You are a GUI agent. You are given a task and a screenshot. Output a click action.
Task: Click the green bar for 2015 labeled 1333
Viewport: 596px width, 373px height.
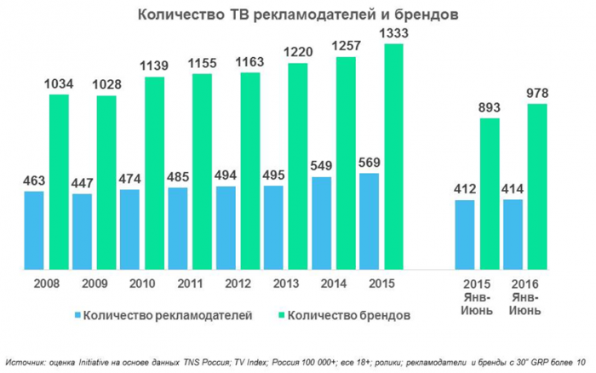tap(394, 158)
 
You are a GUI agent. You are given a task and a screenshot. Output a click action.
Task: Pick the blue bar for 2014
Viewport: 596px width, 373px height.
tap(322, 223)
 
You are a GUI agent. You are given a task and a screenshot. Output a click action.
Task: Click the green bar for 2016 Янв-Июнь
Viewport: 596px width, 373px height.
tap(536, 186)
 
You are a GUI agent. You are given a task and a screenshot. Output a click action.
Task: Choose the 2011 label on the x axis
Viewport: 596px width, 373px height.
tap(189, 283)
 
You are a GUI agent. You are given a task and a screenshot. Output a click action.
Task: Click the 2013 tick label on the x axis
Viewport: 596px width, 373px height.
tap(285, 283)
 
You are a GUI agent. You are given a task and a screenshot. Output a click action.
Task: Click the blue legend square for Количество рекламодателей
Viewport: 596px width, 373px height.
tap(77, 315)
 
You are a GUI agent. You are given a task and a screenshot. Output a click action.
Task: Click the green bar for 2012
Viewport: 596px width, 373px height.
tap(249, 171)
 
